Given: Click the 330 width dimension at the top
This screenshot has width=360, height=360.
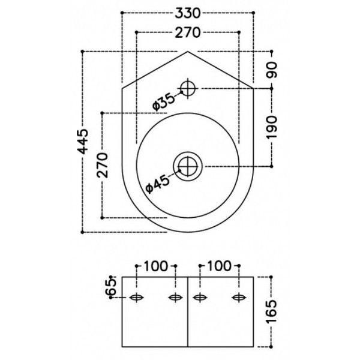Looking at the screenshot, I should point(188,13).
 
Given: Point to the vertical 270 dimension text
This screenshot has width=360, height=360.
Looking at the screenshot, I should point(103,164).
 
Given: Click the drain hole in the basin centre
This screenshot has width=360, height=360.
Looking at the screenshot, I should point(188,165).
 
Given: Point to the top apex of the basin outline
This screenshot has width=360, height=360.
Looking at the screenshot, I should point(188,52).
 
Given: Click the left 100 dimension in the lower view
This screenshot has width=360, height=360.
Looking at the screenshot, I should point(157,265).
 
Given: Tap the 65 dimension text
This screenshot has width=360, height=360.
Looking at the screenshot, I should point(110,287).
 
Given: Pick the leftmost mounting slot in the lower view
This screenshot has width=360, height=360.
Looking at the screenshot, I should point(137,298).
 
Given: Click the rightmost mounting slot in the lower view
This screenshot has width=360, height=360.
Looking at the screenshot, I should point(239,298).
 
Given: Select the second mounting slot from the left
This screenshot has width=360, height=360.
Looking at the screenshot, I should point(175,298).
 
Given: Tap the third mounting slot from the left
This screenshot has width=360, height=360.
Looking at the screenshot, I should point(200,298).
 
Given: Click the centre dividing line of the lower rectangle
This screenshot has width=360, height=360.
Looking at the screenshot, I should point(188,312).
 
